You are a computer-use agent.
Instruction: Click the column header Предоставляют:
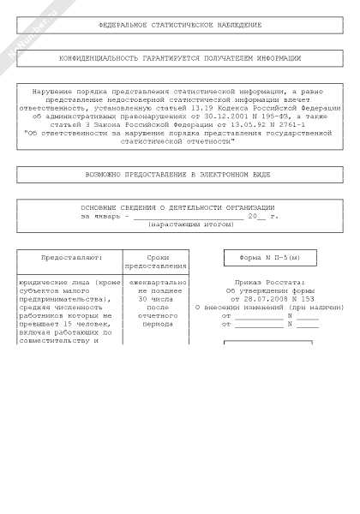tap(69, 258)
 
